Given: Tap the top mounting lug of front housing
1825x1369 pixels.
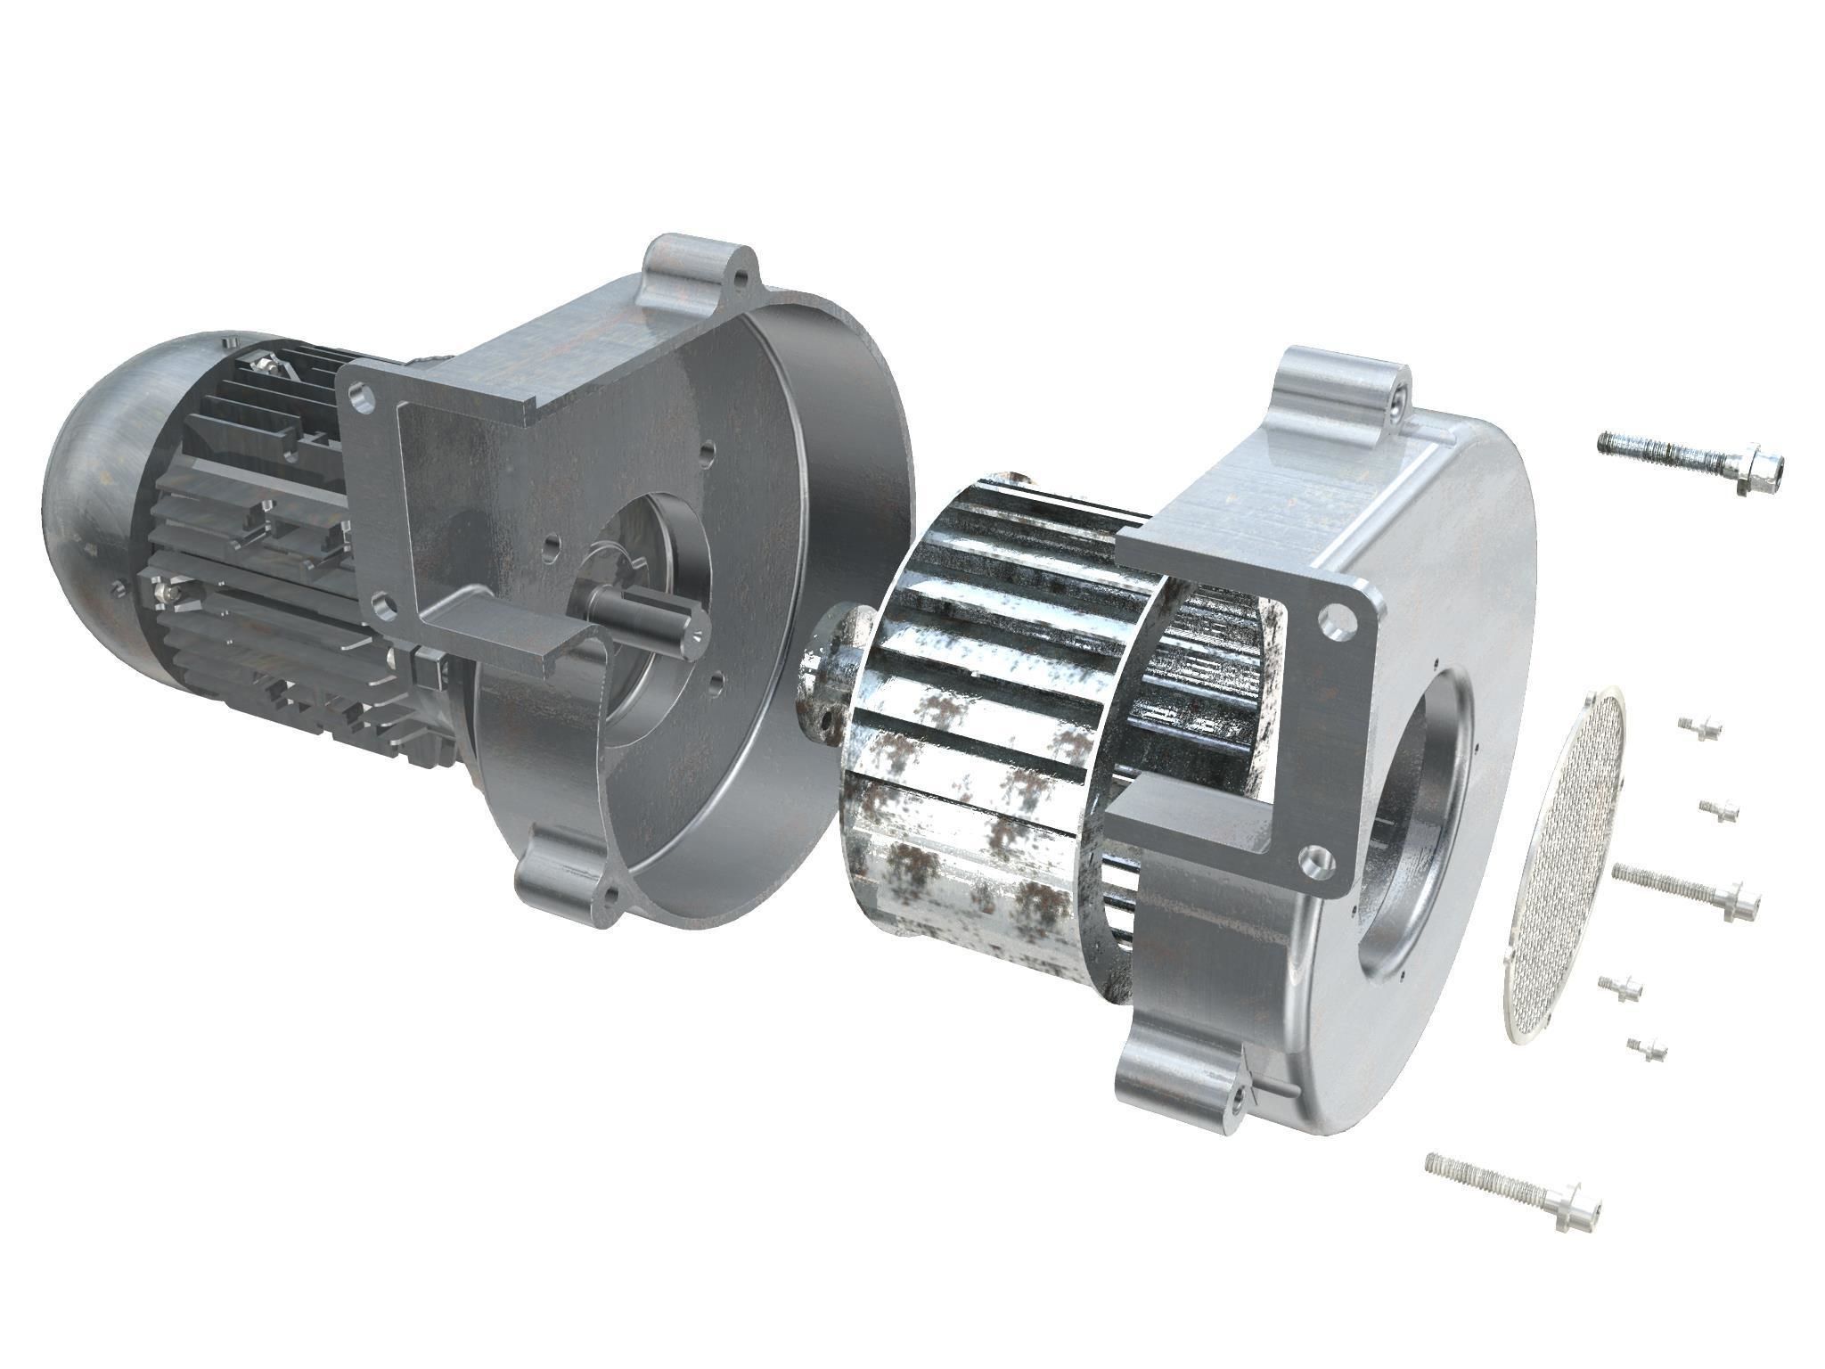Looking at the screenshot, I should [x=1337, y=383].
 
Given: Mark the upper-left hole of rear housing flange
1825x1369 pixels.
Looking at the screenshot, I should [x=360, y=398].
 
